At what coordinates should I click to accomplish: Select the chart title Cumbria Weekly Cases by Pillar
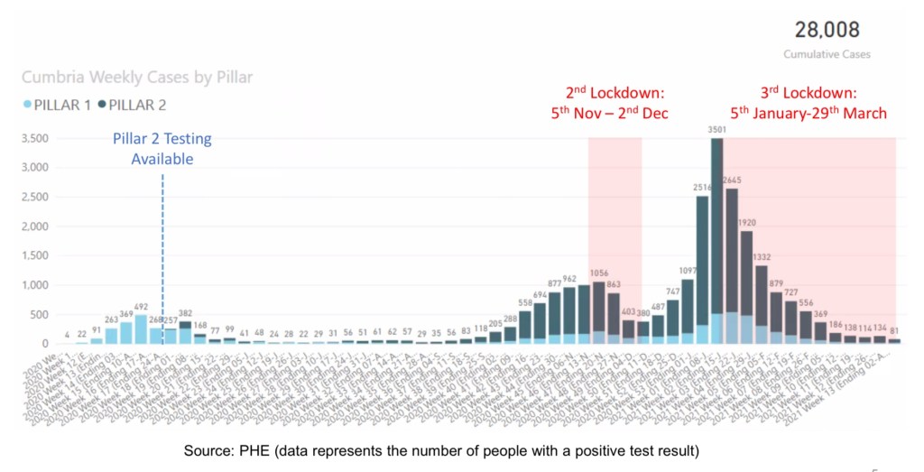point(137,78)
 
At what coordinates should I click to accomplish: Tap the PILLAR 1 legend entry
point(59,105)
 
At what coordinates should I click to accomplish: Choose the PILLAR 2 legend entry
point(133,105)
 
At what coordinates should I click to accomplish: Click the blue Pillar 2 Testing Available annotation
point(162,149)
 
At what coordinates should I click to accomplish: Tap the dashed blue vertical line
point(162,253)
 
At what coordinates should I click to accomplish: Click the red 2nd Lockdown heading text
point(614,93)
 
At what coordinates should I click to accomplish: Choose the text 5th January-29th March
point(808,114)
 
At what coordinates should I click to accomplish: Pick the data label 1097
point(688,271)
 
